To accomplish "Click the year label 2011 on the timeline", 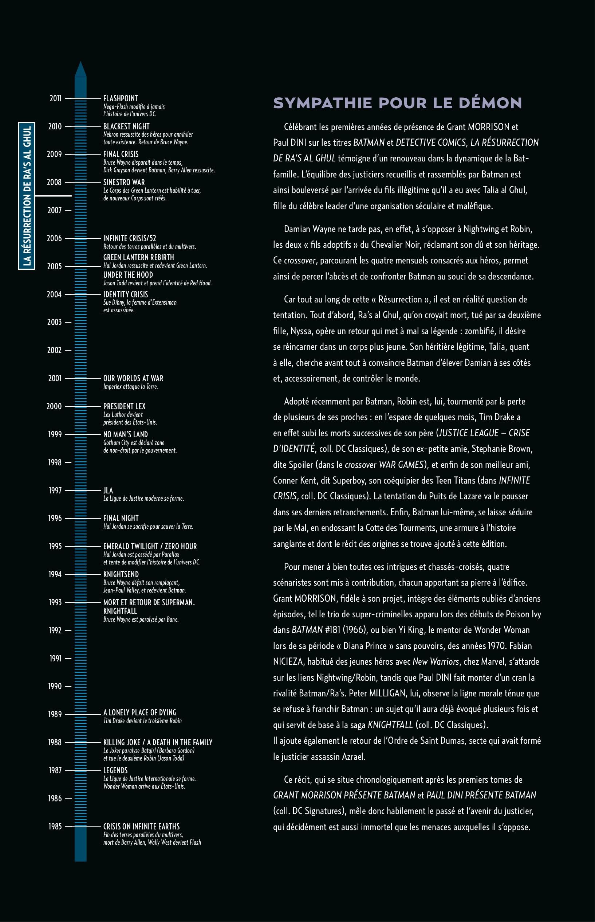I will coord(55,99).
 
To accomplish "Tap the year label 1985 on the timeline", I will coord(55,827).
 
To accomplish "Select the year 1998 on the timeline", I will coord(55,462).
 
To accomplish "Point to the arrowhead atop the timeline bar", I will coord(80,69).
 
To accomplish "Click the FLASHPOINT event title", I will coord(120,99).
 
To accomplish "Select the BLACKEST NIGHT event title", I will coord(126,126).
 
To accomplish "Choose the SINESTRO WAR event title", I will coord(124,182).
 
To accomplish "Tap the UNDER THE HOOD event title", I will coord(128,275).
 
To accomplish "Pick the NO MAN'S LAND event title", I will coord(125,434).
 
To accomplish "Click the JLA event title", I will coord(108,490).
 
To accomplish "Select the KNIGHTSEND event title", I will coord(121,574).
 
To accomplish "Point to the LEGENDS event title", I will coord(115,770).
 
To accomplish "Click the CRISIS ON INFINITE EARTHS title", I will coord(141,826).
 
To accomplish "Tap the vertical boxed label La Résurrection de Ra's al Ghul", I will coord(27,196).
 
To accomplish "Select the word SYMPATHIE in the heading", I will coord(323,103).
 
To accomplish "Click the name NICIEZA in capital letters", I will coord(288,661).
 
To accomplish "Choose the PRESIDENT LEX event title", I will coord(124,406).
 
